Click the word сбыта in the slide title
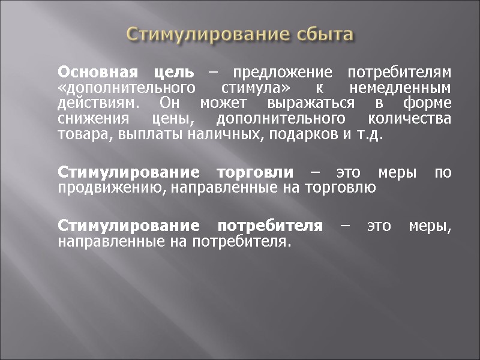click(x=325, y=34)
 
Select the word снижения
click(x=91, y=118)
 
